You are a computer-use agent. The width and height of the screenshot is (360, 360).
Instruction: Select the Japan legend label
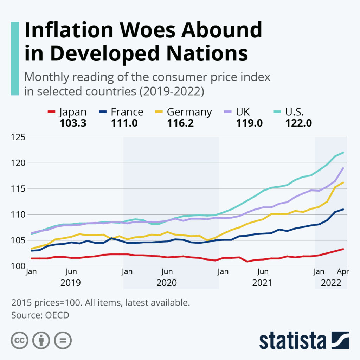pos(73,112)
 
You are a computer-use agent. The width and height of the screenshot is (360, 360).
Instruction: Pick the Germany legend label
pos(189,112)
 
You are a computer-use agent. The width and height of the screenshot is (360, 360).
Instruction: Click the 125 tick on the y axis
pos(19,137)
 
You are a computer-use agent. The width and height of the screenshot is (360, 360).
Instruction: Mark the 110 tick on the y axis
pos(19,214)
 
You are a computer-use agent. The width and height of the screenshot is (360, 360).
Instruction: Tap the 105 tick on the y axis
pos(19,240)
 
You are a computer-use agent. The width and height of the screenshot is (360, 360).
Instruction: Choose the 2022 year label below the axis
pos(331,283)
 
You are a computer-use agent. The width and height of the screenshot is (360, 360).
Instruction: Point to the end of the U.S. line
pos(343,153)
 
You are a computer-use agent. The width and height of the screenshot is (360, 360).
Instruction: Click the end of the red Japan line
pos(343,249)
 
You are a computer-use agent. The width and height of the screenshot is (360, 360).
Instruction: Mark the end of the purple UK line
pos(343,168)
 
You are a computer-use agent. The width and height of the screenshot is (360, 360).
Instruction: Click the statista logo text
pos(292,340)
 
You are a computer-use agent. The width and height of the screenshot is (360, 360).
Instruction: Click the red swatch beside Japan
pos(52,112)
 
